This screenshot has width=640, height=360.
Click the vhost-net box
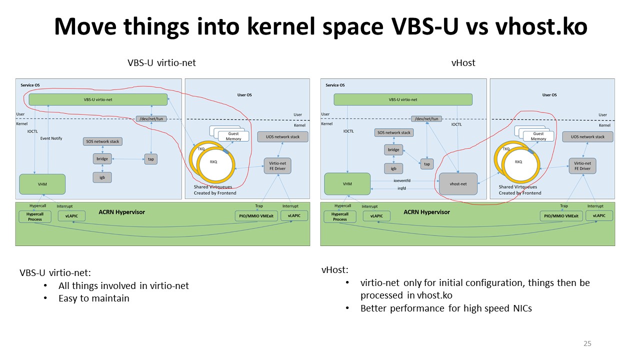458,184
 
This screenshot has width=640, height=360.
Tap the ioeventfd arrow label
401,180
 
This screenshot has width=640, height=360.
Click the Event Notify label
51,138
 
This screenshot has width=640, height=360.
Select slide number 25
587,343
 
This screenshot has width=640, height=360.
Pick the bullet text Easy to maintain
93,298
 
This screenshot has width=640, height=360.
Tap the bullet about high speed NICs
446,308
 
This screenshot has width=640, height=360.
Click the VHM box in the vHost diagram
347,184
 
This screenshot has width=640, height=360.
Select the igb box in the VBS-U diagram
102,177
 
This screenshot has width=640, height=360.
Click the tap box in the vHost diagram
426,164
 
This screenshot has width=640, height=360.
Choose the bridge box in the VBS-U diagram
102,159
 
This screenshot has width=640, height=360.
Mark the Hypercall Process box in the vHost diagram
340,216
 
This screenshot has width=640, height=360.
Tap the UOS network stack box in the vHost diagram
587,136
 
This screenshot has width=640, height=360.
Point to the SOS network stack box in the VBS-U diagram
102,141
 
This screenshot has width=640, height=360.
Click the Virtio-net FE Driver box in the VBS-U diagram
277,166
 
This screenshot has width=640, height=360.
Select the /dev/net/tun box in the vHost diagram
426,119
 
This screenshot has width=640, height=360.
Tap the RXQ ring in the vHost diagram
520,162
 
